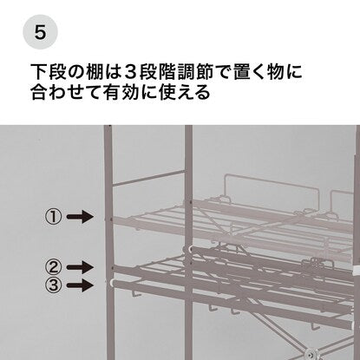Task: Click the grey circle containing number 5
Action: coord(40,32)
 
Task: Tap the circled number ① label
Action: coord(53,217)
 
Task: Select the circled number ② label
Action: coord(53,267)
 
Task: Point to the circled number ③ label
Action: coord(53,285)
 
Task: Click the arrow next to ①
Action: coord(80,217)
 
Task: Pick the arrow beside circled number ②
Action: coord(80,267)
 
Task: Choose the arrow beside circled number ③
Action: coord(80,285)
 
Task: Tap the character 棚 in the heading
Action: coord(95,72)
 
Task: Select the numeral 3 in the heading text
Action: coord(130,72)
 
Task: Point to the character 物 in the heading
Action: coord(275,72)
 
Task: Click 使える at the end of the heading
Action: coord(185,92)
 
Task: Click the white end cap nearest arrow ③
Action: coord(111,283)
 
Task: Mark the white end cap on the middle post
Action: coord(190,248)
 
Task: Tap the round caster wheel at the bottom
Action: coord(311,353)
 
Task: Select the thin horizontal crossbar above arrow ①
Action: coord(148,177)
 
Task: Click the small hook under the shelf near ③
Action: coord(135,294)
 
